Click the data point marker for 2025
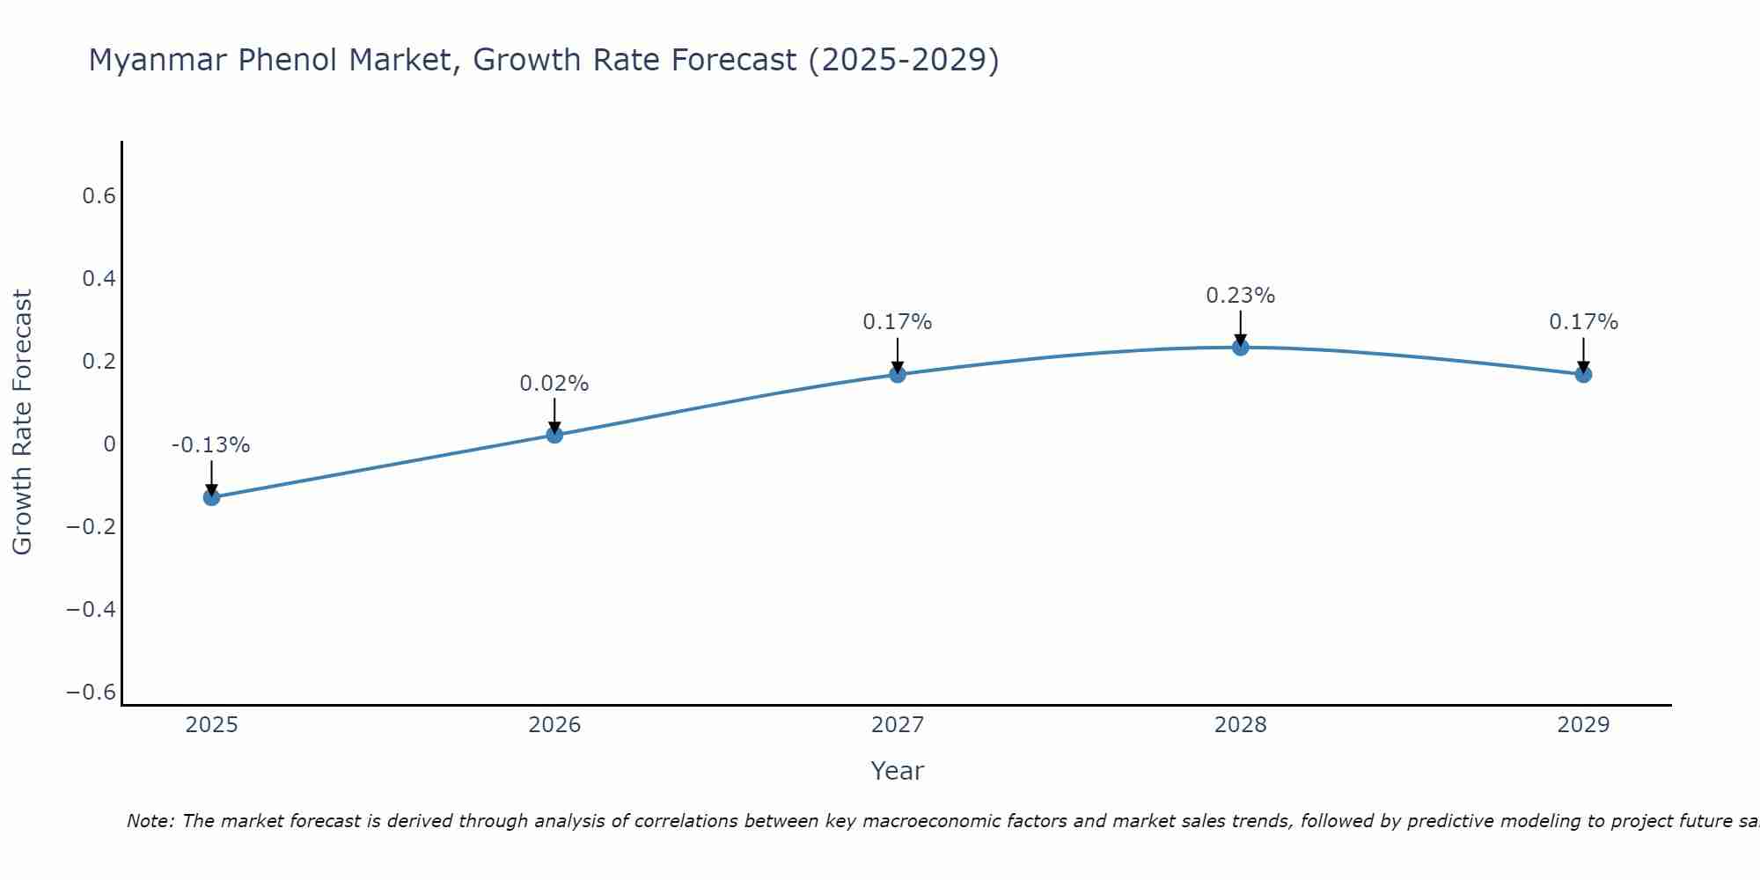(x=211, y=497)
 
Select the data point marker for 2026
(x=554, y=435)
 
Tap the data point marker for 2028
(x=1240, y=348)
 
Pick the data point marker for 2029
(x=1583, y=374)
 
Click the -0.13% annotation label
(x=210, y=445)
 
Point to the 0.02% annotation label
(x=554, y=384)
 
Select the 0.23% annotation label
(x=1240, y=296)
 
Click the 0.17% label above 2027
(x=897, y=322)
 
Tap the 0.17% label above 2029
(x=1583, y=322)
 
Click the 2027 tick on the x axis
(x=897, y=725)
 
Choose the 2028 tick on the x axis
(x=1240, y=725)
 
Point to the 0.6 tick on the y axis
(x=99, y=196)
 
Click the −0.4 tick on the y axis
(x=91, y=610)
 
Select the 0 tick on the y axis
(x=109, y=444)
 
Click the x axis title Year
(x=897, y=772)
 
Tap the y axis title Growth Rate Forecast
(x=22, y=422)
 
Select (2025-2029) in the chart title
(x=903, y=60)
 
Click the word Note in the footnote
(x=150, y=821)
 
